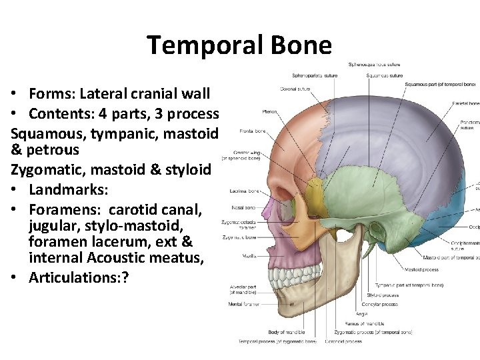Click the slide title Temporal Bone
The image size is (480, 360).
pos(239,45)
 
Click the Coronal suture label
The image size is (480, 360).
pos(297,88)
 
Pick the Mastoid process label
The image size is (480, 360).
pos(421,270)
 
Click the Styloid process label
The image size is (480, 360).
pos(383,295)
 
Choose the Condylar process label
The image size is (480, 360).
pos(383,304)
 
